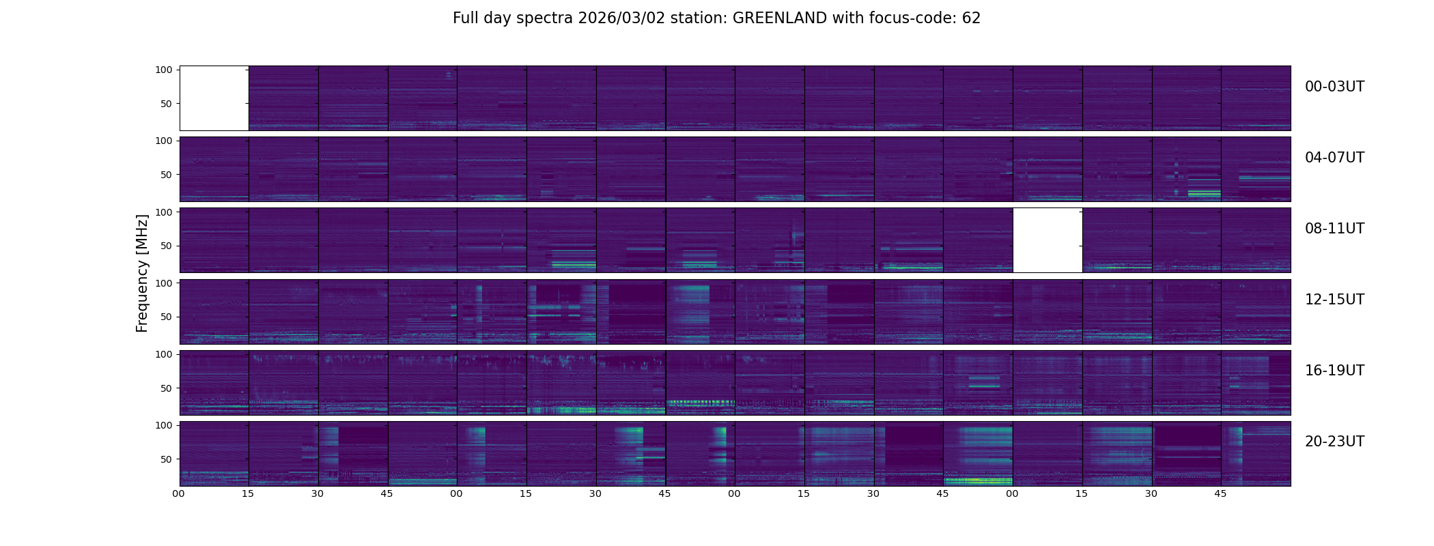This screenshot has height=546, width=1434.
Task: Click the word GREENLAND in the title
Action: coord(779,18)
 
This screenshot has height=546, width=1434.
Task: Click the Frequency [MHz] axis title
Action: coord(142,273)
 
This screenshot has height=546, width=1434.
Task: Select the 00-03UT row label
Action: coord(1334,87)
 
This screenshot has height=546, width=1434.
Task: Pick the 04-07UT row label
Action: coord(1334,158)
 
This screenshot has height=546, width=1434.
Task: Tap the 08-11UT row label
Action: coord(1334,229)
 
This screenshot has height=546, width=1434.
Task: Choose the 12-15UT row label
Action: coord(1334,300)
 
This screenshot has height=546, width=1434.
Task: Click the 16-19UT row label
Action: coord(1334,371)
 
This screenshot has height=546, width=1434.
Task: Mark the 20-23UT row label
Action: coord(1334,442)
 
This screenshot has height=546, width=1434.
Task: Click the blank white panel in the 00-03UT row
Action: coord(214,98)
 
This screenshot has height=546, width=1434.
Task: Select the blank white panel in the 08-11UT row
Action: coord(1048,240)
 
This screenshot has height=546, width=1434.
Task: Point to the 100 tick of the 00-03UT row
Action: coord(164,70)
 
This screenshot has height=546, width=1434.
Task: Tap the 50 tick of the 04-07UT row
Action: coord(167,175)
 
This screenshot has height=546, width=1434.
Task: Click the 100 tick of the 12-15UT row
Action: coord(164,283)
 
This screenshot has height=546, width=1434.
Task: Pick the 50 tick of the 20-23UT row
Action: coord(167,459)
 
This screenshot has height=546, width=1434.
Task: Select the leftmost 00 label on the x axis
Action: coord(179,494)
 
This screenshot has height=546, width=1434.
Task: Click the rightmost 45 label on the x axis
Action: coord(1220,494)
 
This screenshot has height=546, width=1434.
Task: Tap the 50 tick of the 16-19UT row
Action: coord(167,388)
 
